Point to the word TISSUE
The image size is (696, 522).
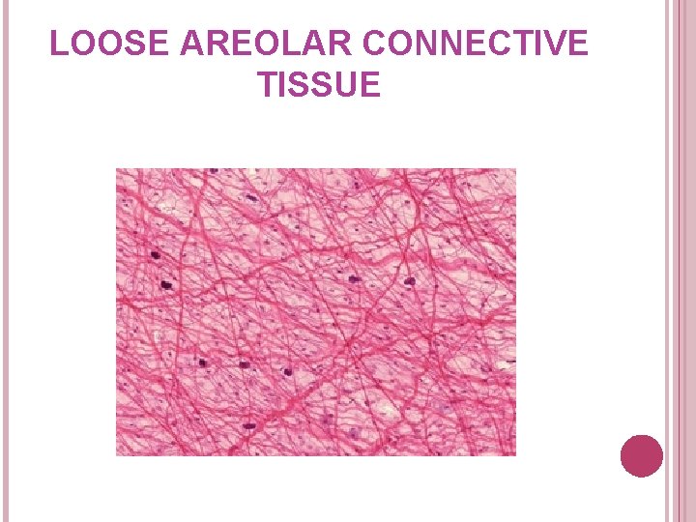coord(319,86)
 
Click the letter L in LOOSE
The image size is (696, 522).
coord(57,44)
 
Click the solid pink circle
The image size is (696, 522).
coord(642,456)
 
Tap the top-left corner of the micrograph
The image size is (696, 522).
coord(117,169)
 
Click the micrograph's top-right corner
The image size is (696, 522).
coord(515,169)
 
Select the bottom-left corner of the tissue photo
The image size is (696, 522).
coord(117,454)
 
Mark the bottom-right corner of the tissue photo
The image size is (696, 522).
coord(515,454)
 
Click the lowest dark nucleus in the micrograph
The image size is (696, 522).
coord(248,425)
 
